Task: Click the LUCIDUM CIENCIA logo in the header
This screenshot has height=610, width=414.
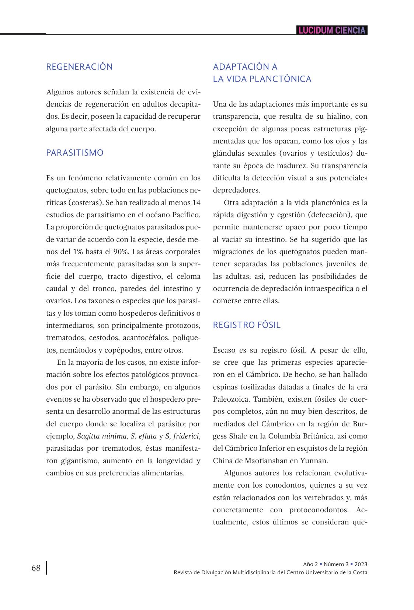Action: click(x=332, y=30)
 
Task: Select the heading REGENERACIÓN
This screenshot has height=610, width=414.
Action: click(x=79, y=67)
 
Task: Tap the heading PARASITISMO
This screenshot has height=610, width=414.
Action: click(x=74, y=153)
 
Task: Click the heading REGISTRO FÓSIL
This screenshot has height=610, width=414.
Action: click(x=247, y=325)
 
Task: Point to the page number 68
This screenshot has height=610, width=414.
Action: click(x=36, y=568)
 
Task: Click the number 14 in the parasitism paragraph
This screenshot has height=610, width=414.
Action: click(x=196, y=202)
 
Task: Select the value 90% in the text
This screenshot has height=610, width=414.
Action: click(x=120, y=252)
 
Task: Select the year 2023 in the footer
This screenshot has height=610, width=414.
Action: click(x=361, y=564)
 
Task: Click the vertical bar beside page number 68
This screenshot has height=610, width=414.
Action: click(x=46, y=568)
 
